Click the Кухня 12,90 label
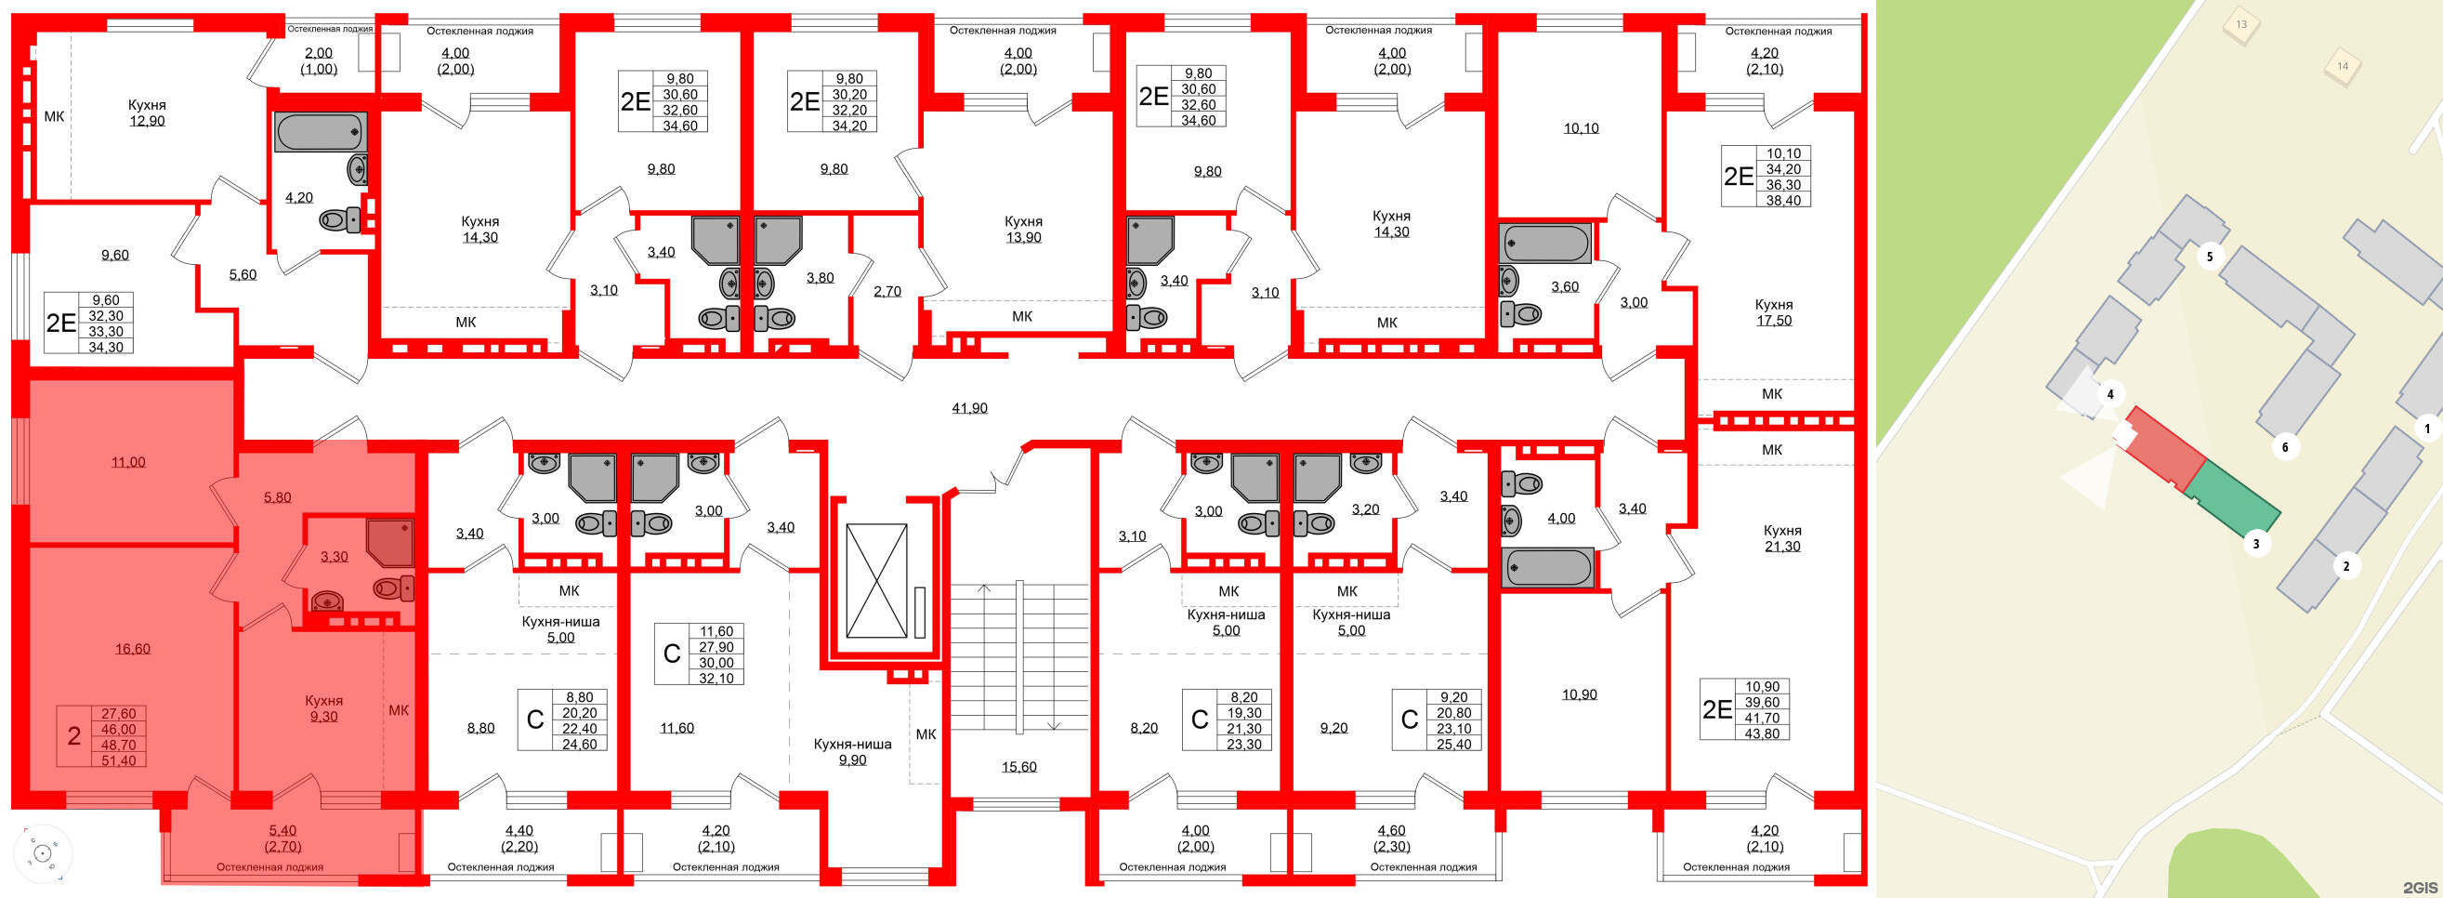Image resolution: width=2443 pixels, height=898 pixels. coord(147,112)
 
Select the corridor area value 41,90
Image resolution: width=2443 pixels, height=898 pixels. coord(969,408)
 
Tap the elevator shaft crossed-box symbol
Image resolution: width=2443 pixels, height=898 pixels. coord(876,580)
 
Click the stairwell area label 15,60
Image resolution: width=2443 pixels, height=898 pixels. coord(1018,766)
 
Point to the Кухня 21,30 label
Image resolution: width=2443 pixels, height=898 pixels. coord(1782,537)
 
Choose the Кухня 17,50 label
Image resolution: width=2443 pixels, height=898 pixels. coord(1773,312)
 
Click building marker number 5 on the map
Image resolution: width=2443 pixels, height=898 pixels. coord(2209,257)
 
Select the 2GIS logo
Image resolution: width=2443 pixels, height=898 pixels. coord(2419,887)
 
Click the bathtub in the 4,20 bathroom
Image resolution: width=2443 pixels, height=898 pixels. coord(320,132)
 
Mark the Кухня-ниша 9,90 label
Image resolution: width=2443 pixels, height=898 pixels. coord(851,751)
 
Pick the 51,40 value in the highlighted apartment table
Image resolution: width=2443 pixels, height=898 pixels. coord(119,760)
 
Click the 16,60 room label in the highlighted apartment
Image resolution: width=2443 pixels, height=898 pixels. coord(133,649)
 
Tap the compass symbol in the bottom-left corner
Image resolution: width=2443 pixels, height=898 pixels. coord(42,853)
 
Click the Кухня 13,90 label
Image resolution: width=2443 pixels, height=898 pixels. coord(1023,229)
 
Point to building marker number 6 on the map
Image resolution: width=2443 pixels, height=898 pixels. coord(2285,446)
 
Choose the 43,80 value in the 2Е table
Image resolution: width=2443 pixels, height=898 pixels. coord(1761,733)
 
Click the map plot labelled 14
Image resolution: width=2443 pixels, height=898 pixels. coord(2342,66)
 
